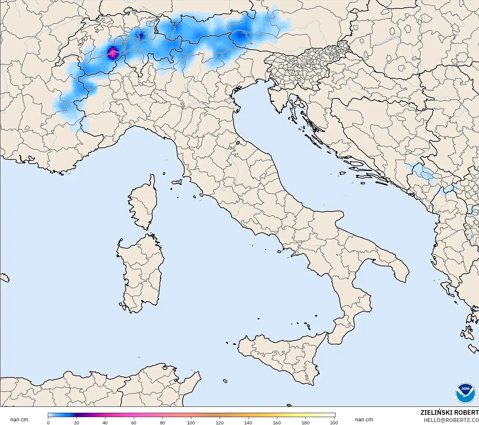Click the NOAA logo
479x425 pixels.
(465, 393)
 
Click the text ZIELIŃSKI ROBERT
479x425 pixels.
(449, 413)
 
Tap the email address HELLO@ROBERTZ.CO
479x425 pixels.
(451, 420)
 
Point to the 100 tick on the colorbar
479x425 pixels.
(191, 415)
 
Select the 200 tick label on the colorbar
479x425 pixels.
(334, 423)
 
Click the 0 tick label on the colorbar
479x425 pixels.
(48, 423)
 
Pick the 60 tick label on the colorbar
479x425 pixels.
(134, 423)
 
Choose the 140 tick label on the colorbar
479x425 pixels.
(248, 423)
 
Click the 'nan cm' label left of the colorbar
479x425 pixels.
(19, 420)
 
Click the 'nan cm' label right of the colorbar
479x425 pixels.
(364, 420)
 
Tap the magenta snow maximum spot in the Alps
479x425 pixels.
(113, 53)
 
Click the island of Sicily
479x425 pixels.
(284, 357)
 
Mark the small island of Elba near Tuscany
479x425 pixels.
(177, 182)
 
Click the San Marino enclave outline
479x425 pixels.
(238, 143)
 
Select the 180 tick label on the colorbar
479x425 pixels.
(305, 423)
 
